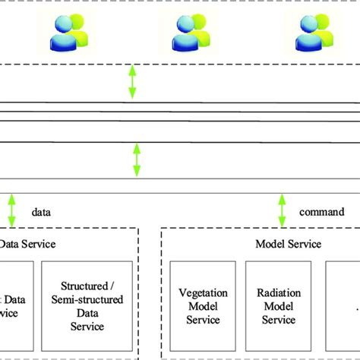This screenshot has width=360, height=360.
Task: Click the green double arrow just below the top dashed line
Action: pos(132,81)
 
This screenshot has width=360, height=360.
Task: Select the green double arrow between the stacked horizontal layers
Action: pos(137,159)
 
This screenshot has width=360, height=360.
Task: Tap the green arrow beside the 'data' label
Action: pos(11,209)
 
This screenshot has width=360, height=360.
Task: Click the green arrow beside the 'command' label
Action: pos(282,209)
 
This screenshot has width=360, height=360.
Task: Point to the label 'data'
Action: pos(43,215)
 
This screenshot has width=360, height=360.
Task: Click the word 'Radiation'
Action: pos(278,292)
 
